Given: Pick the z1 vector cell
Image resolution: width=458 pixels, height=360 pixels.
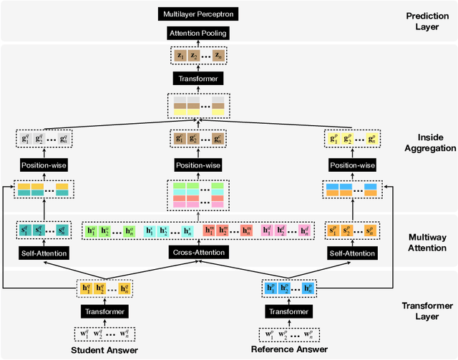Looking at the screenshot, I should pos(177,55).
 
